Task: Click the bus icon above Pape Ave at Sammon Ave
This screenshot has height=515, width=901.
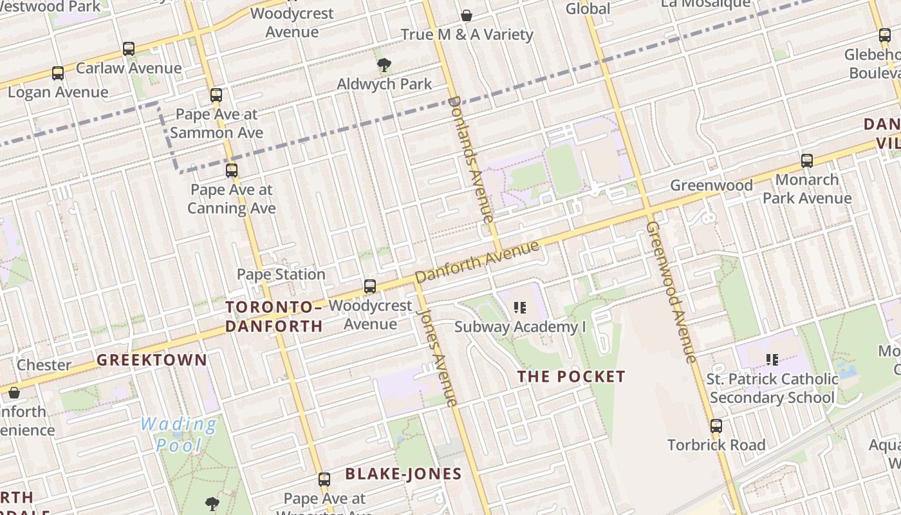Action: point(216,95)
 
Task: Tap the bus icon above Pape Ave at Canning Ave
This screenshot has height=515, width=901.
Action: point(232,171)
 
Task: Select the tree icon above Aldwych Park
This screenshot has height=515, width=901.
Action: point(384,64)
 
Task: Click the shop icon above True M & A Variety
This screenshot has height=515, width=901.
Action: point(467,15)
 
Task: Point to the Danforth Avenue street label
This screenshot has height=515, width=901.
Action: point(477,262)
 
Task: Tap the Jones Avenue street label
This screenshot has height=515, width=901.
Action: point(438,355)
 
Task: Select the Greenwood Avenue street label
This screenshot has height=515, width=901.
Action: point(672,292)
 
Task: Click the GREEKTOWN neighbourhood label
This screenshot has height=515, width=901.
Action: point(152,360)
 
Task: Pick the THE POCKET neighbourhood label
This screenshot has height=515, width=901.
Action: point(571,377)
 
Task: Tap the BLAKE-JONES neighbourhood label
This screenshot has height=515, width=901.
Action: point(404,474)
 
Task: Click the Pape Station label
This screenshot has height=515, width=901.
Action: point(281,274)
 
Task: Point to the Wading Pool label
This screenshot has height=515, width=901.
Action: point(178,434)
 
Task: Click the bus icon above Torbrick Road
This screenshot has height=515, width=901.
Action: point(716,426)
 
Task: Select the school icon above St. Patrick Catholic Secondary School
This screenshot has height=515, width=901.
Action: point(772,359)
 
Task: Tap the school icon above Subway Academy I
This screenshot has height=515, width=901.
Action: point(520,308)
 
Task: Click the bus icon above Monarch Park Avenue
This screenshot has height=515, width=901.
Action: point(807,161)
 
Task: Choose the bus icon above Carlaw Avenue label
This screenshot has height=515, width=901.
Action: point(129,49)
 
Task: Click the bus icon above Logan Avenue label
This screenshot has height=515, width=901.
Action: point(58,73)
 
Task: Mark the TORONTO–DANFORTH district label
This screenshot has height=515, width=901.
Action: point(274,316)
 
